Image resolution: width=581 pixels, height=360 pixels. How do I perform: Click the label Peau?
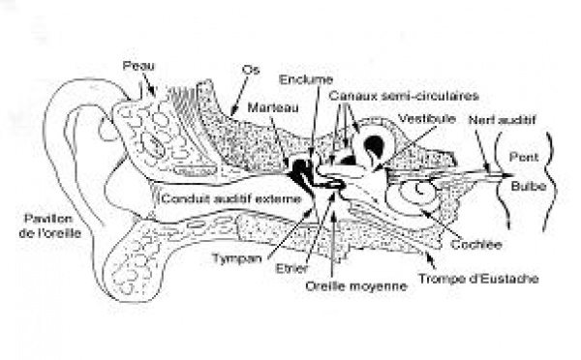(138, 66)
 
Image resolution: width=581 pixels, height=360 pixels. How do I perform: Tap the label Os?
(251, 70)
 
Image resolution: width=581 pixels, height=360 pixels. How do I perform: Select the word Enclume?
(306, 79)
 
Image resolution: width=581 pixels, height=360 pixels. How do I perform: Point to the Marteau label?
(273, 107)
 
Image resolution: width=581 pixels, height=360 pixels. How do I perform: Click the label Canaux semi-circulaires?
(404, 96)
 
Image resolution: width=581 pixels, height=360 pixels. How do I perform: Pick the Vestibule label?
(427, 118)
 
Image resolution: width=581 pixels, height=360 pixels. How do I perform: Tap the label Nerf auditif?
(502, 120)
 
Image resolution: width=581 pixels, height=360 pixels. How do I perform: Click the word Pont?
(524, 157)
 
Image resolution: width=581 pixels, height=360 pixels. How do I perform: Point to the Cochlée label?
(476, 245)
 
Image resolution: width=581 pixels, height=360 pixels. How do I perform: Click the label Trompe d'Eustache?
(478, 278)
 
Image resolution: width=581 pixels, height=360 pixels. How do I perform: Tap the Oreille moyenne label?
(356, 285)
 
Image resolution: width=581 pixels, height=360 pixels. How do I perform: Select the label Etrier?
(291, 268)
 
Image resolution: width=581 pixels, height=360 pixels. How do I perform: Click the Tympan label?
(237, 258)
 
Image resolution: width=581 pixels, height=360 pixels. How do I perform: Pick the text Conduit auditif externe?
(231, 199)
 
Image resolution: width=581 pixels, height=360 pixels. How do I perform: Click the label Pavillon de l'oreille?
(50, 225)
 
